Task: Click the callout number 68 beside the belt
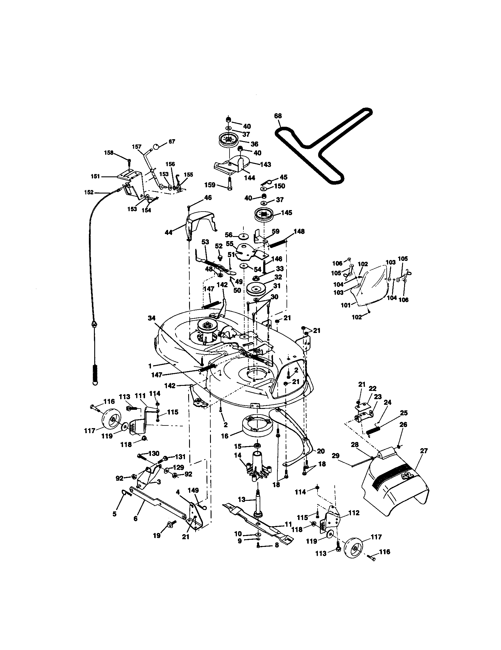click(278, 116)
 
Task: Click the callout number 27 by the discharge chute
click(424, 451)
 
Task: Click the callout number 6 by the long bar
click(136, 519)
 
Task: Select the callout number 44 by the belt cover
click(169, 233)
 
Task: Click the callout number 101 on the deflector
click(345, 305)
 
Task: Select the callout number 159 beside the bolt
click(210, 185)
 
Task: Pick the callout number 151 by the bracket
click(95, 176)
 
